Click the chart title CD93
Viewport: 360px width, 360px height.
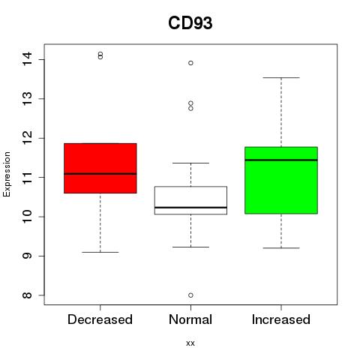190,23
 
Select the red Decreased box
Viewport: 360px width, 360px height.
100,168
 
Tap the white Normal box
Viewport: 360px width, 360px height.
190,200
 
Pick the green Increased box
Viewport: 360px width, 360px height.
281,180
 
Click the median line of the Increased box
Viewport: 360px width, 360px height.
281,160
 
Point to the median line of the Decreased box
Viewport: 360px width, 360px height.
100,174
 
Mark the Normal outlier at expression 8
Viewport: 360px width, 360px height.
190,295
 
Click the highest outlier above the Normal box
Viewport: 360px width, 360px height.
190,63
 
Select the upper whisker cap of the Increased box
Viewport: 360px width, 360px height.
281,78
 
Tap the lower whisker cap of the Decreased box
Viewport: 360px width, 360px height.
100,252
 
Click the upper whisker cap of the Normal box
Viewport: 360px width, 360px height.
190,163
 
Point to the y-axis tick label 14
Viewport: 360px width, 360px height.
27,59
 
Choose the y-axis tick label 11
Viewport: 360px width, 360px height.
27,177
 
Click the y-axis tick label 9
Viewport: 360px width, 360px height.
27,256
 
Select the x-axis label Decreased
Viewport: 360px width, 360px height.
100,319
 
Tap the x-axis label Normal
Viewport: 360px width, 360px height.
190,319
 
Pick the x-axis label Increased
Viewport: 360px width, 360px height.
281,319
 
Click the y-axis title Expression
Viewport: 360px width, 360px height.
7,174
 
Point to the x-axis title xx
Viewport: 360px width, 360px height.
190,343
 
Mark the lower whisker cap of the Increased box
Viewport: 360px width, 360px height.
281,248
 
